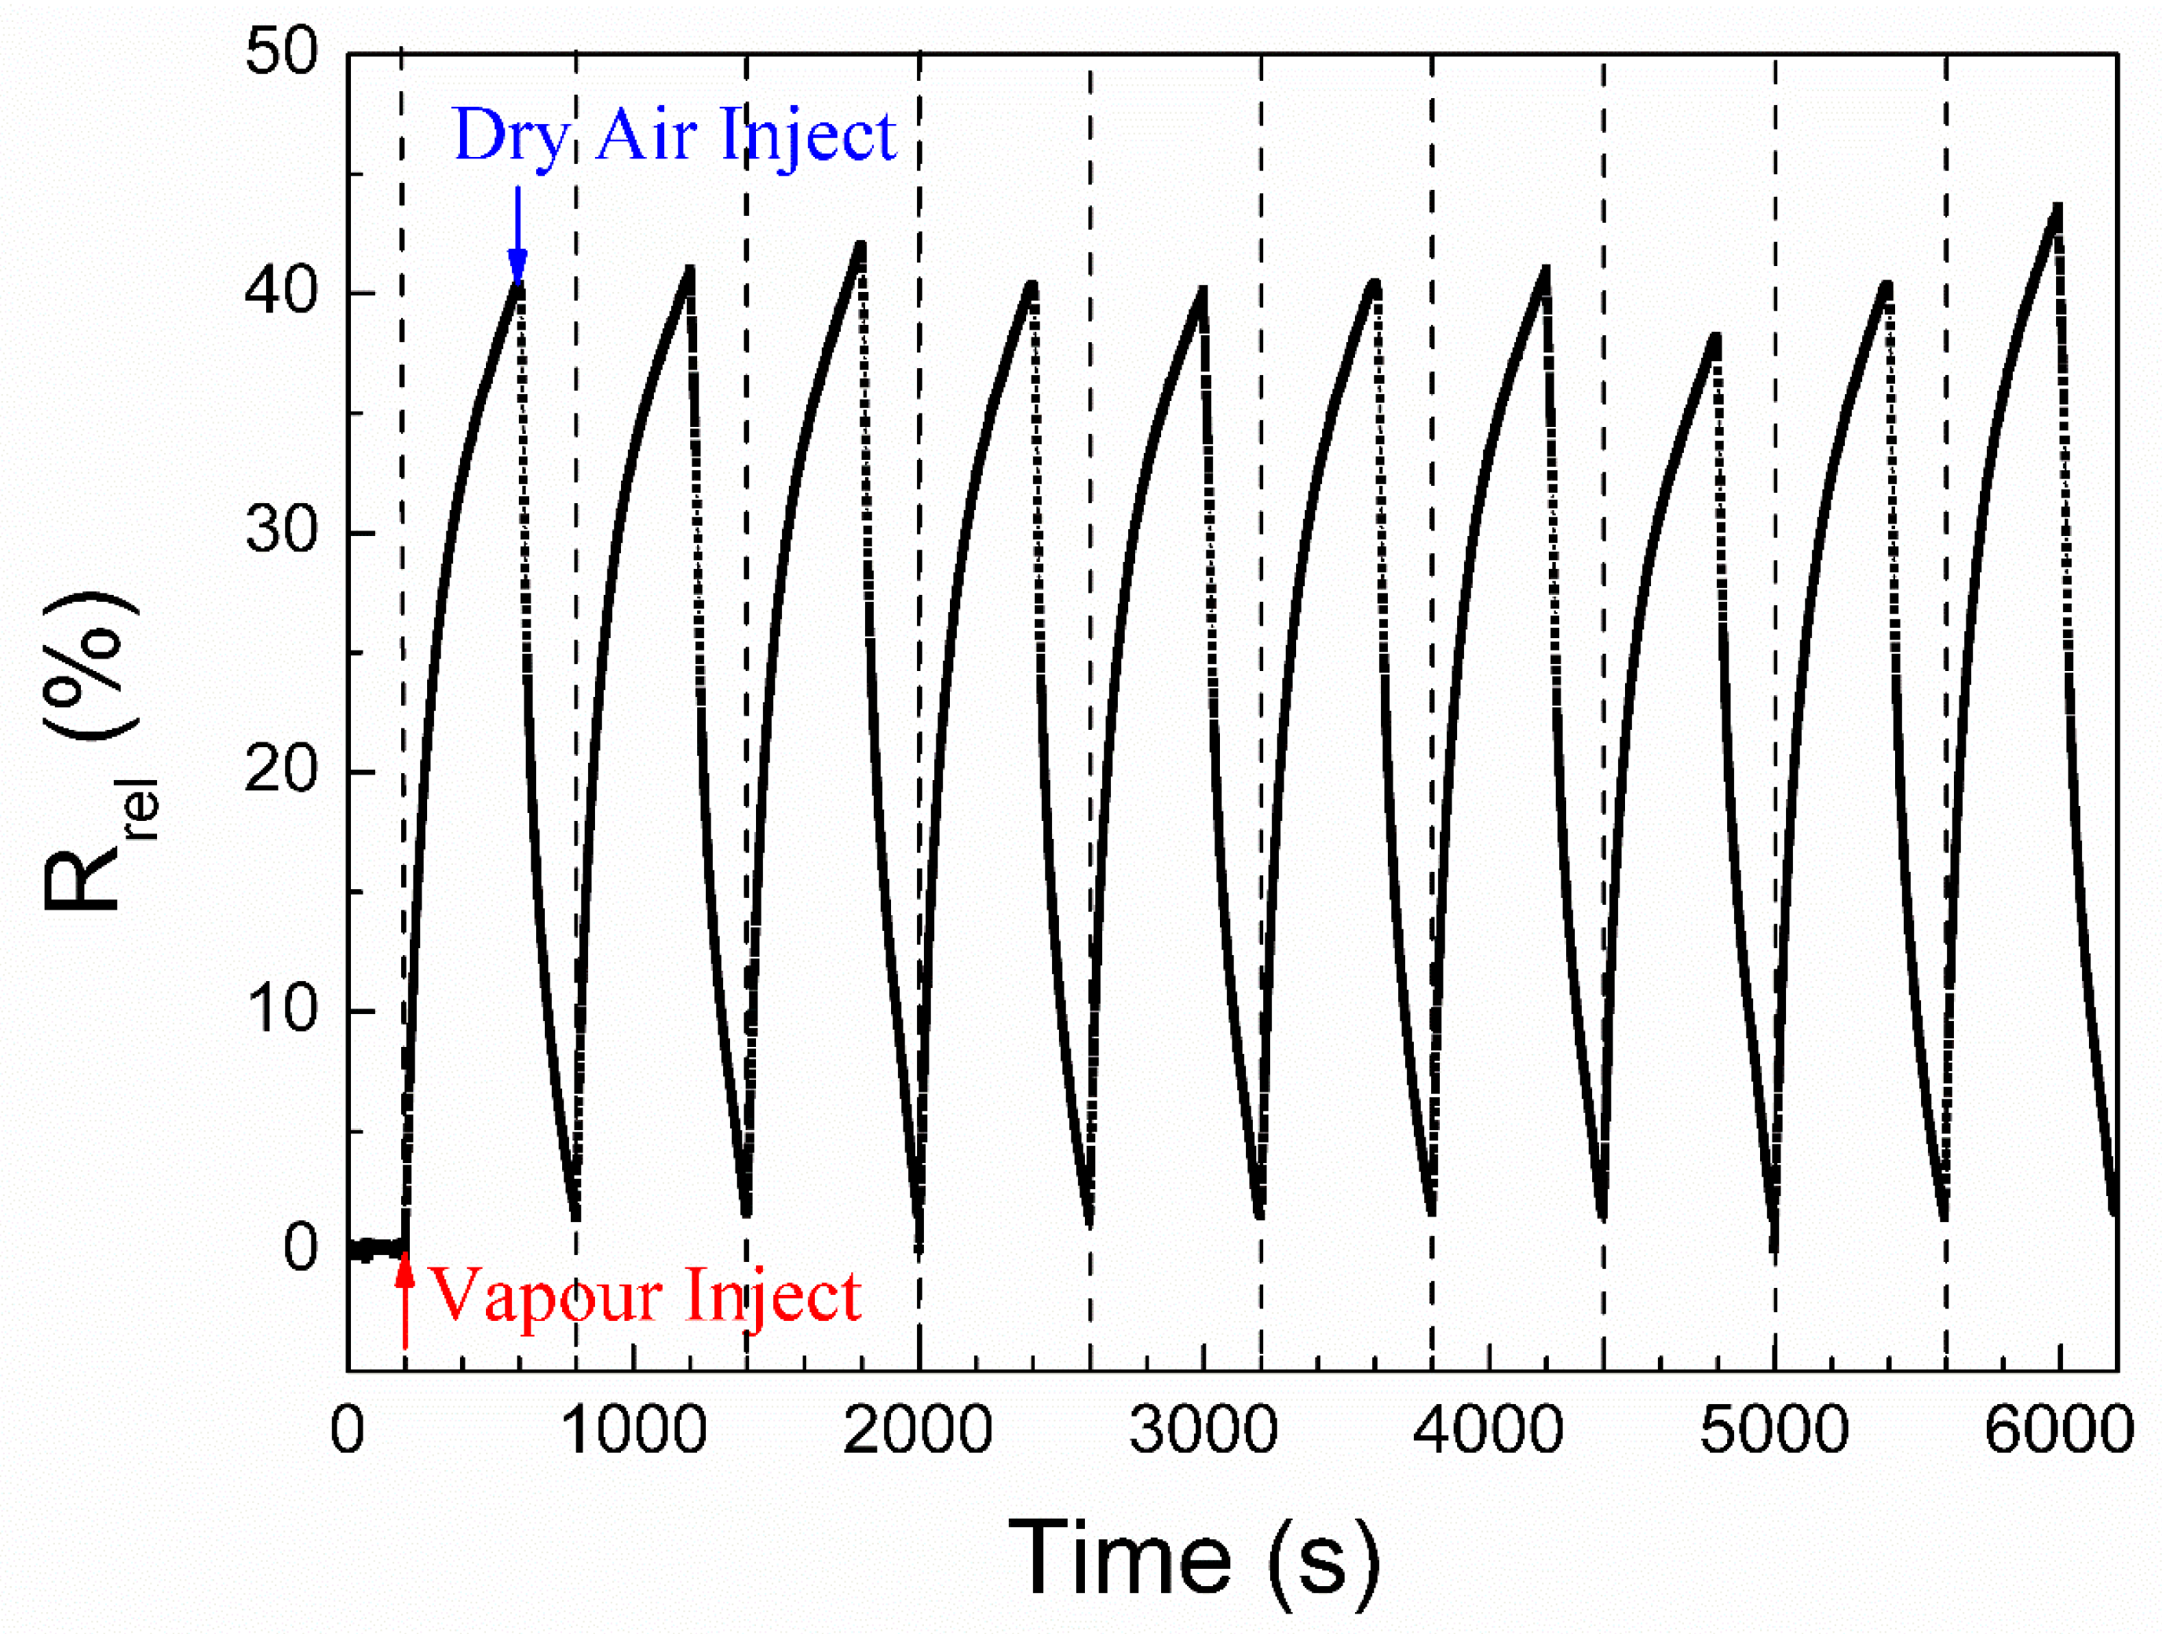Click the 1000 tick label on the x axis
point(634,1430)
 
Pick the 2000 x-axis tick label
point(918,1430)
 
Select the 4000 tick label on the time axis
point(1488,1430)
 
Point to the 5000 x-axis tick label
point(1774,1430)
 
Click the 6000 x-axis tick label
point(2058,1430)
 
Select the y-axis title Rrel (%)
point(93,753)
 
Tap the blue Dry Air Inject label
point(674,134)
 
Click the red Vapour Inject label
point(645,1296)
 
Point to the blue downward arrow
point(517,235)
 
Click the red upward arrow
point(404,1304)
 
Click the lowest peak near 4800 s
point(1715,338)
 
